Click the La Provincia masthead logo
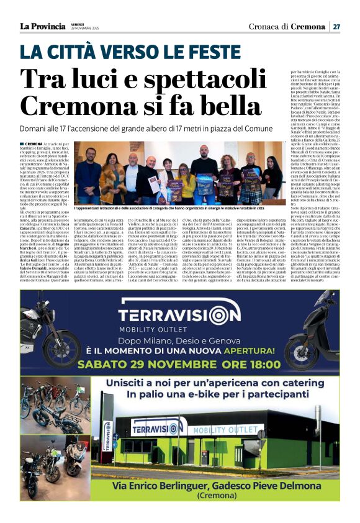pos(42,26)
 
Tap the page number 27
pos(336,27)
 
